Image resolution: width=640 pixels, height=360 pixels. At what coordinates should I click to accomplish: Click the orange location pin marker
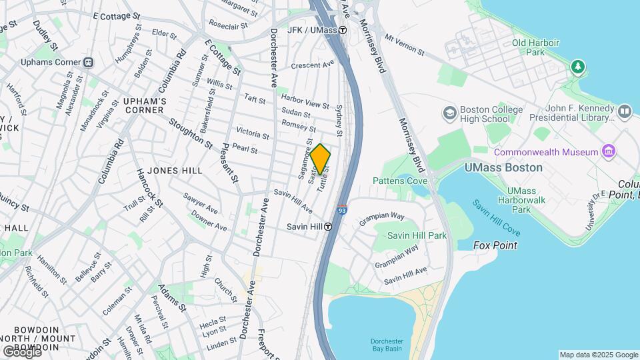point(321,159)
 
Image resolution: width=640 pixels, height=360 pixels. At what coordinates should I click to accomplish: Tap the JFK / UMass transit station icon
point(343,30)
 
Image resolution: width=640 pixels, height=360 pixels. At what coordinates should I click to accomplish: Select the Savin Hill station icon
point(329,226)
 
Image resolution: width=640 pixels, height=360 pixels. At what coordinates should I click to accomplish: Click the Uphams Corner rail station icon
point(89,62)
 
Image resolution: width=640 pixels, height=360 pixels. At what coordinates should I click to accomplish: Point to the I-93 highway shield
point(342,210)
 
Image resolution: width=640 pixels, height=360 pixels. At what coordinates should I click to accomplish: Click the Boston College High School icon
point(450,111)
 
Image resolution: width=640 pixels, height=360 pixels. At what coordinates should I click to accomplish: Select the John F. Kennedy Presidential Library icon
point(624,111)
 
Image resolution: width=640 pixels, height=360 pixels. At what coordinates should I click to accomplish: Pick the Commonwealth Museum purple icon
point(608,152)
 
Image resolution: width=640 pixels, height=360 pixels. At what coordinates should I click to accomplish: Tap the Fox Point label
point(495,245)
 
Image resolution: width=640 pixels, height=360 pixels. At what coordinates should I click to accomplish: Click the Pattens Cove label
point(400,181)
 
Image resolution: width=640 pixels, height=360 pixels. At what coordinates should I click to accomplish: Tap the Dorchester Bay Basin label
point(387,344)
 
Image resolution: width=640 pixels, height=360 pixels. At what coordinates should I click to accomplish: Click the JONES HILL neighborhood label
point(175,171)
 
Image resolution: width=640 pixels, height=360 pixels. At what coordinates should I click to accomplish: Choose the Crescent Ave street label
point(313,65)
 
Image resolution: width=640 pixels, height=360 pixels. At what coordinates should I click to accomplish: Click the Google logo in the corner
point(21,351)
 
